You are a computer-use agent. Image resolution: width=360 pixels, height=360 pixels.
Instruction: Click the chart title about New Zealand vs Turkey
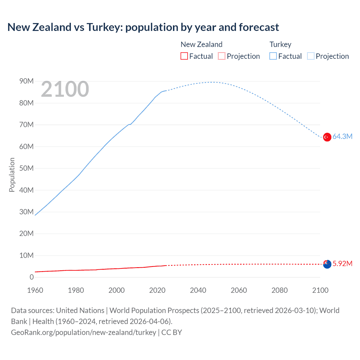coord(143,27)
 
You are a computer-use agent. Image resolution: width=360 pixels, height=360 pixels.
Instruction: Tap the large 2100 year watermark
coord(65,89)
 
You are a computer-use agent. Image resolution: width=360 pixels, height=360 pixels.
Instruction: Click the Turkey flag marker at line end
coord(327,137)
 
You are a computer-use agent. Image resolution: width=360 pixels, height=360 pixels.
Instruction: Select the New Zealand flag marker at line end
coord(327,264)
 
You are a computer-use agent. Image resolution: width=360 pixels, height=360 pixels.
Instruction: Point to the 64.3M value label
coord(342,137)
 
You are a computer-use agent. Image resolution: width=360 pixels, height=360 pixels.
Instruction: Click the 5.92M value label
coord(342,264)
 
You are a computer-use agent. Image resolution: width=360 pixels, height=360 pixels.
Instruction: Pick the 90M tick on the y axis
coord(26,81)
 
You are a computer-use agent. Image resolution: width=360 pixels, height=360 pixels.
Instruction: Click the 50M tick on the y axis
coord(26,168)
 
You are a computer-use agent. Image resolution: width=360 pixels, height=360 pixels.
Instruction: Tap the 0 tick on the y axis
coord(31,277)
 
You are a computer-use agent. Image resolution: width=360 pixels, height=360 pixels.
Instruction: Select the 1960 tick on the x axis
coord(35,290)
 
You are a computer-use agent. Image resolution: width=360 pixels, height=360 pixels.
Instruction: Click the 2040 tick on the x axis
coord(198,290)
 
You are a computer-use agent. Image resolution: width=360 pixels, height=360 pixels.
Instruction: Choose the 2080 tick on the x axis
coord(280,290)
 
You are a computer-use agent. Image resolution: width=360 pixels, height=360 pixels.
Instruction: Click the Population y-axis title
coord(12,175)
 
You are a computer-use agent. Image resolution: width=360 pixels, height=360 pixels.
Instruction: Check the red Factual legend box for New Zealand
coord(184,56)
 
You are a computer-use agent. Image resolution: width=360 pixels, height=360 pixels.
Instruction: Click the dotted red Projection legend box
coord(222,56)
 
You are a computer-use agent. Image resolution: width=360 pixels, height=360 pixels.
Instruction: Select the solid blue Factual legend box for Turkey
coord(273,56)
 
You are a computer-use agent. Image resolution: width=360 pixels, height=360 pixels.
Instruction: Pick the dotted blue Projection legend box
coord(311,56)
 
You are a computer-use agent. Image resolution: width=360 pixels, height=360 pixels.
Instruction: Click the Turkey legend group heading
coord(280,44)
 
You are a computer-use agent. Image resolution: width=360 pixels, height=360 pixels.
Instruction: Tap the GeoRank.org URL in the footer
coord(84,332)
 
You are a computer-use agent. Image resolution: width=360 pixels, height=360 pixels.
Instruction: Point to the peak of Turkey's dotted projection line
coord(211,82)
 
